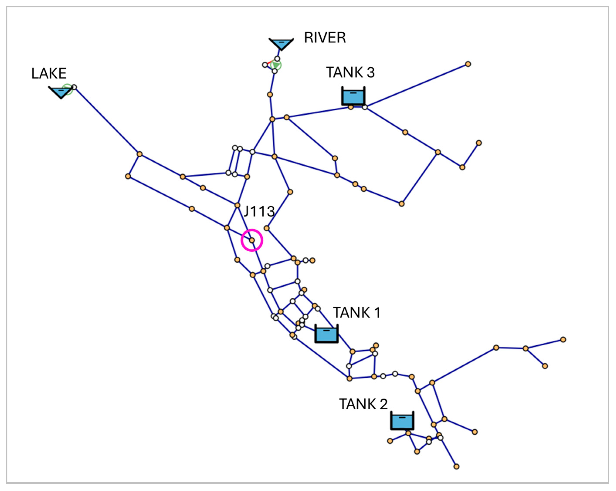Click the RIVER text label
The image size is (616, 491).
[325, 38]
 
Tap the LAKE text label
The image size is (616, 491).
[49, 73]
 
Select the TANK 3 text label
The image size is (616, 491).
[350, 72]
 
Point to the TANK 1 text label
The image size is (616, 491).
[357, 313]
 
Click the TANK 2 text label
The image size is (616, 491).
[363, 404]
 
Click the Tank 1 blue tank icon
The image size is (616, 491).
[327, 334]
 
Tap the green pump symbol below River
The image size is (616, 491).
[276, 65]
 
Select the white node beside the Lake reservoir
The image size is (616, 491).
[74, 87]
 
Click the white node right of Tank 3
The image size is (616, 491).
[365, 107]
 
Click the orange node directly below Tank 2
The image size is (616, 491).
[408, 433]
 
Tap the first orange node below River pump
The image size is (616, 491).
[270, 94]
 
